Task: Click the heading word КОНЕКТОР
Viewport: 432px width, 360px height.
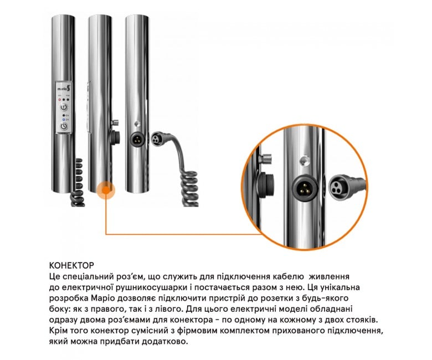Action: tap(71, 265)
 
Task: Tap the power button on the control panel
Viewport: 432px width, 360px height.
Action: tap(64, 126)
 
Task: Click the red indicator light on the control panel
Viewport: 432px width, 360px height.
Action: tap(59, 100)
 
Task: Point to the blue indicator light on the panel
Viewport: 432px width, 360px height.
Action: tap(64, 120)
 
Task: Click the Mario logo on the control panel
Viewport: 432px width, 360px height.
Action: tap(64, 88)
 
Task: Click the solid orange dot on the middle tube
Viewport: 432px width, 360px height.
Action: tap(106, 191)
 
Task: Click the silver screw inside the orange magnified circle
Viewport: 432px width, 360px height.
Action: tap(266, 159)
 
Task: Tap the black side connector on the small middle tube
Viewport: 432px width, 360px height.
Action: tap(115, 137)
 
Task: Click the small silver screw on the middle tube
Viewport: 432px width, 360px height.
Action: tap(115, 122)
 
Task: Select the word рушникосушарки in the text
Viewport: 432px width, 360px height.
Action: tap(151, 287)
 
